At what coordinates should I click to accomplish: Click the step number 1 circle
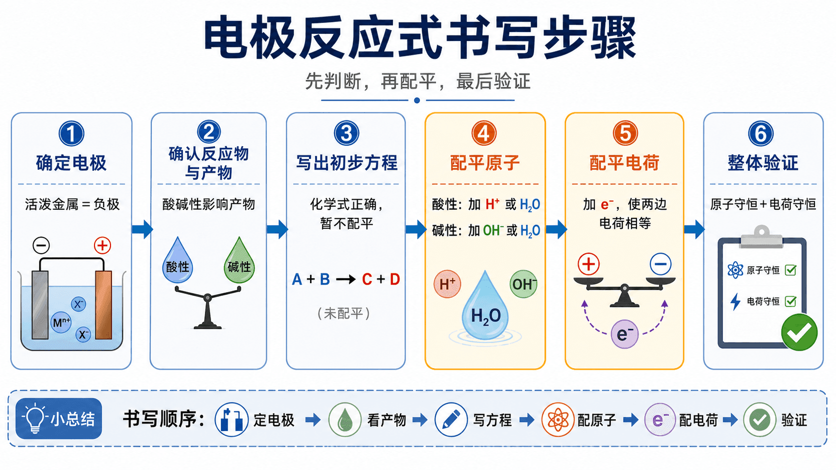(71, 133)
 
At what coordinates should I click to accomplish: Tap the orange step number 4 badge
(483, 133)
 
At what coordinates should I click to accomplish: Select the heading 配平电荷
(624, 163)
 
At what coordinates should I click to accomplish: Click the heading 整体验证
(763, 163)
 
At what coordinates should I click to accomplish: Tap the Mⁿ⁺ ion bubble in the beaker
(61, 322)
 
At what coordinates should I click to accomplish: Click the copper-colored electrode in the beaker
(103, 305)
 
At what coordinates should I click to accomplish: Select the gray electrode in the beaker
(40, 305)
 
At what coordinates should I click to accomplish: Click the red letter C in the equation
(367, 279)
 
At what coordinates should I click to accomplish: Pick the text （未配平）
(343, 314)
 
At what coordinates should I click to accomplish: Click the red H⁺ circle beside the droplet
(447, 284)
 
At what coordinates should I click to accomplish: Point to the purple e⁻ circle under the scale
(624, 334)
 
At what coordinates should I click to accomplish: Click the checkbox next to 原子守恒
(790, 270)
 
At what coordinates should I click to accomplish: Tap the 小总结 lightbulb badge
(58, 419)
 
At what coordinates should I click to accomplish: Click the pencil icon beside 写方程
(451, 420)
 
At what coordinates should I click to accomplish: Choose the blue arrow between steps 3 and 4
(416, 229)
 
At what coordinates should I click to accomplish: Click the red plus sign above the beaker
(102, 246)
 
